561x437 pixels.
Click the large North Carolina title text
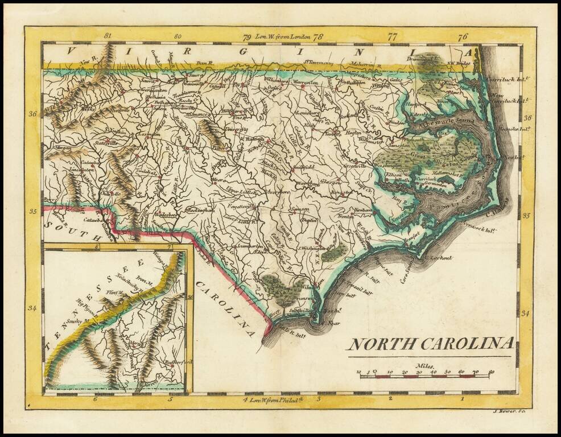pos(431,344)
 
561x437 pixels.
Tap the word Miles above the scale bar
pos(424,367)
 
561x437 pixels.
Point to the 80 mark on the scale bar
pos(490,373)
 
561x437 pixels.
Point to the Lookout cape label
pos(441,258)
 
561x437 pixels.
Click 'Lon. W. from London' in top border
pos(283,37)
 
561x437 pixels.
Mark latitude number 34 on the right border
pos(526,314)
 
